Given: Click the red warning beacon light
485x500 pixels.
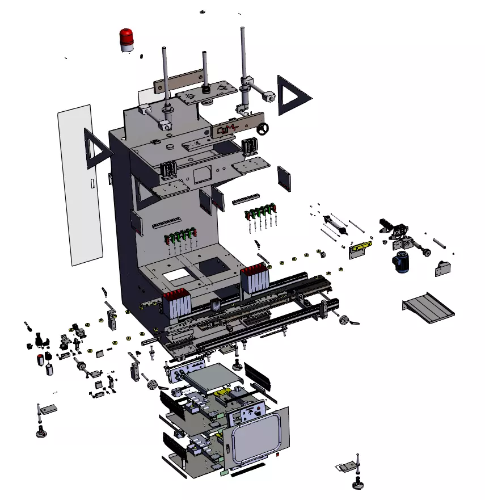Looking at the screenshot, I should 127,39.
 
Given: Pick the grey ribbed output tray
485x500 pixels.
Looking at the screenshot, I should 429,306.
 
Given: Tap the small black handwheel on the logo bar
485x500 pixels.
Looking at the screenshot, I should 263,131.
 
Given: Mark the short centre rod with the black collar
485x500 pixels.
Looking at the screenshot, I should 205,71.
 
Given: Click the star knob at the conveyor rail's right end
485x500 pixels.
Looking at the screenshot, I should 344,321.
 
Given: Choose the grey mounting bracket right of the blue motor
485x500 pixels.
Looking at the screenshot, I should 442,268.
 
